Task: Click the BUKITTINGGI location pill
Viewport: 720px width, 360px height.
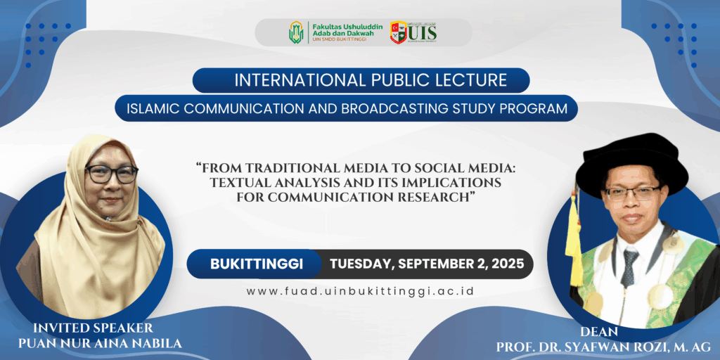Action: tap(256, 264)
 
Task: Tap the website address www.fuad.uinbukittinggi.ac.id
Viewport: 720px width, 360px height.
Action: tap(360, 291)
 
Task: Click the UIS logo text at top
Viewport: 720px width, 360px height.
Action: tap(422, 32)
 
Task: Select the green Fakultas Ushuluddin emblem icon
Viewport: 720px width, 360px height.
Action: tap(296, 32)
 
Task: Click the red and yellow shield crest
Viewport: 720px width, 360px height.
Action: tap(398, 32)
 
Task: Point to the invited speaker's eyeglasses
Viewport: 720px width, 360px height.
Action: tap(112, 174)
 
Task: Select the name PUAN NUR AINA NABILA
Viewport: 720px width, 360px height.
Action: tap(100, 343)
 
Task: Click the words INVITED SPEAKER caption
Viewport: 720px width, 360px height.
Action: tap(94, 328)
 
